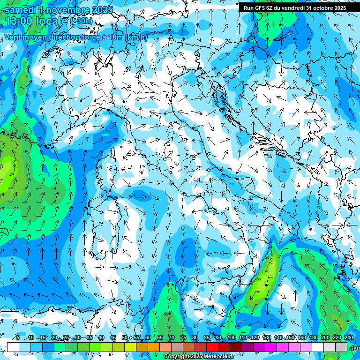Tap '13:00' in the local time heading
[x=18, y=21]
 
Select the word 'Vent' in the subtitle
[x=13, y=37]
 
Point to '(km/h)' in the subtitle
[x=136, y=37]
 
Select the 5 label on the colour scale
[x=18, y=337]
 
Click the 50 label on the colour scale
[x=124, y=337]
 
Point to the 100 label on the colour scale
[x=231, y=337]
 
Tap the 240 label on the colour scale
[x=348, y=337]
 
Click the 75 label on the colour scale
[x=183, y=337]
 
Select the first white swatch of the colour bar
[x=13, y=347]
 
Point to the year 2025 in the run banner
[x=338, y=7]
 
